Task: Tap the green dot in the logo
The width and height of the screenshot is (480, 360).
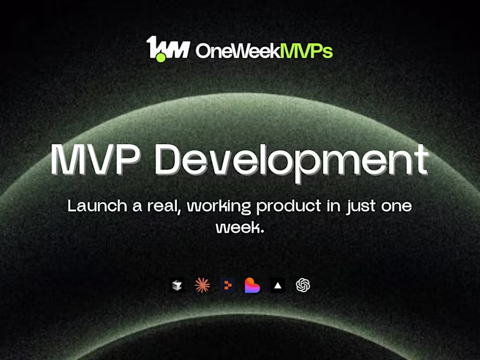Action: pyautogui.click(x=161, y=58)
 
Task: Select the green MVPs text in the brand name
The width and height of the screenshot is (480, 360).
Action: pyautogui.click(x=305, y=52)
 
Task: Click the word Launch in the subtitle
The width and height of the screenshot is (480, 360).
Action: pyautogui.click(x=94, y=206)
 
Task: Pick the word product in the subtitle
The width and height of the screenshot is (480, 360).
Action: pyautogui.click(x=287, y=206)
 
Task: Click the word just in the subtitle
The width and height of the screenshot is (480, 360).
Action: pyautogui.click(x=355, y=206)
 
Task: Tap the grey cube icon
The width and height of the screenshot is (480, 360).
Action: pyautogui.click(x=176, y=286)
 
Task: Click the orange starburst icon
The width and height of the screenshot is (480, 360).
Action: pyautogui.click(x=202, y=286)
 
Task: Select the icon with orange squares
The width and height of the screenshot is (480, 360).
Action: pyautogui.click(x=227, y=286)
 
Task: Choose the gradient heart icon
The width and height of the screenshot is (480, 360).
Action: pyautogui.click(x=252, y=286)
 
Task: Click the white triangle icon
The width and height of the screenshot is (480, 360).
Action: pyautogui.click(x=277, y=286)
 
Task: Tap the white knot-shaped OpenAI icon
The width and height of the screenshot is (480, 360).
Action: pyautogui.click(x=303, y=286)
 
